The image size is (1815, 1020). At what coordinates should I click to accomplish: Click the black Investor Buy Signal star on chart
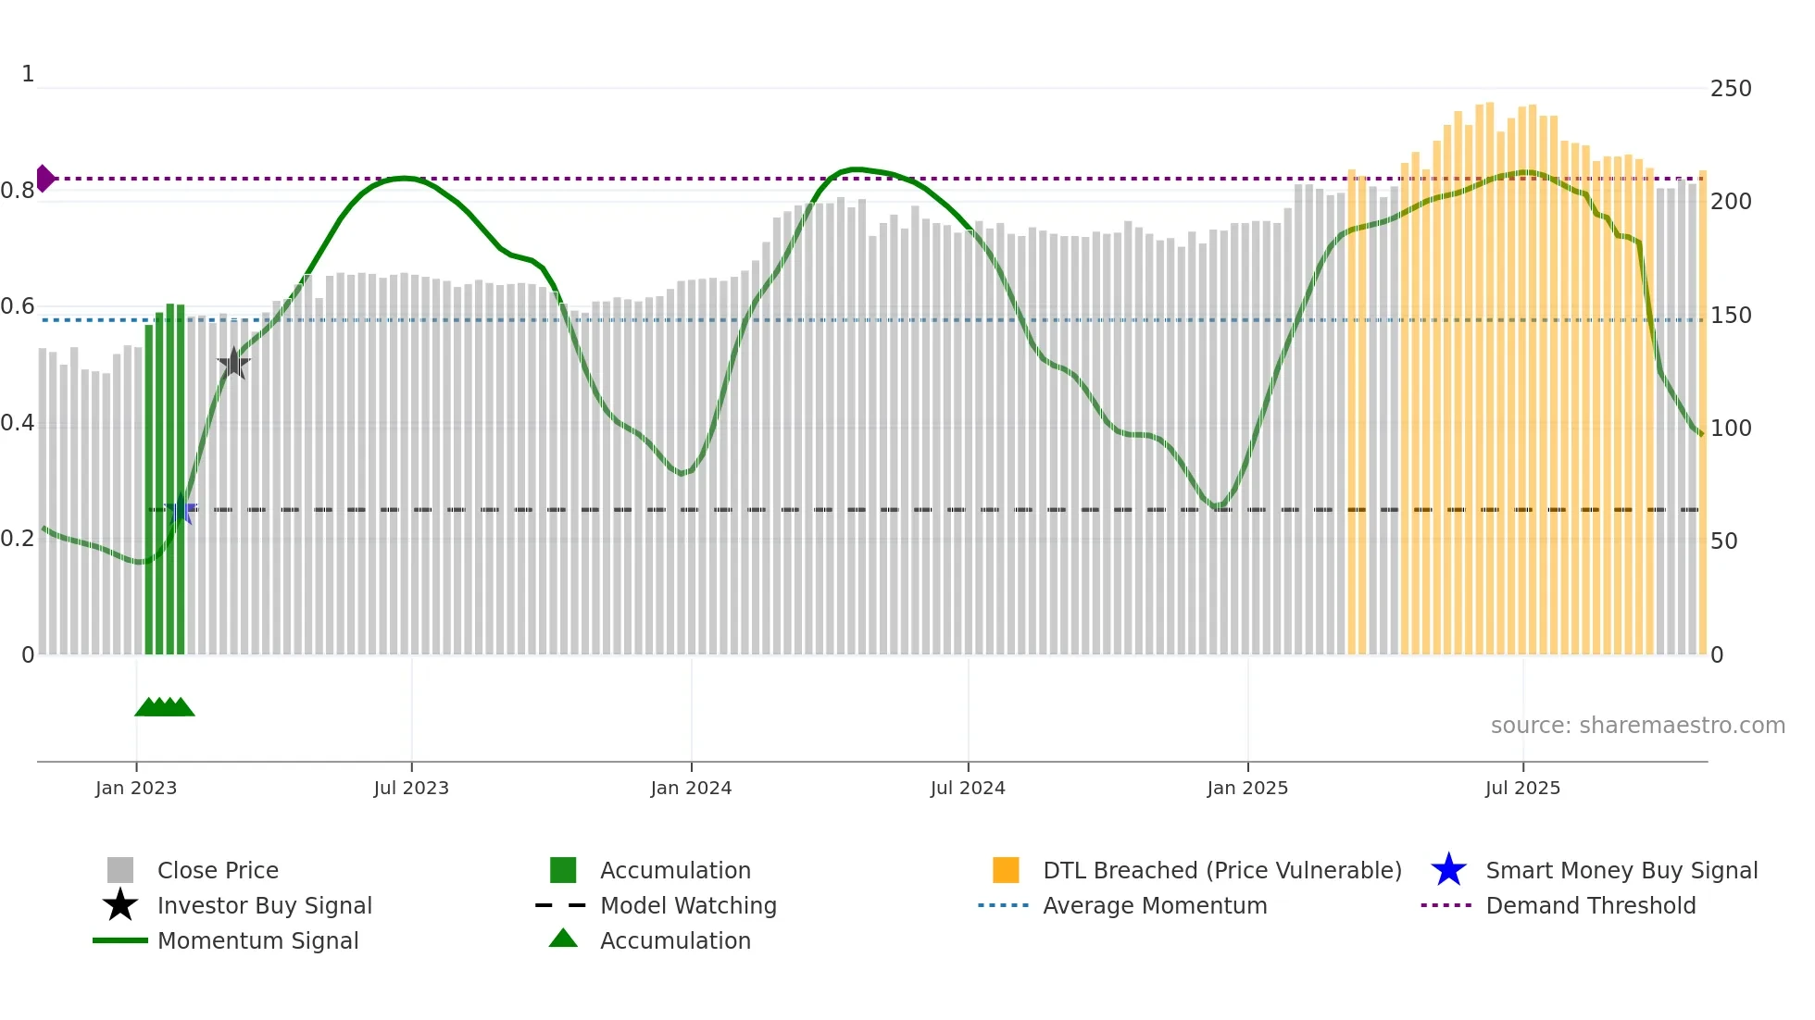pos(233,364)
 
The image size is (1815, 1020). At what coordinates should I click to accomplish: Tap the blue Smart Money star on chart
pos(181,509)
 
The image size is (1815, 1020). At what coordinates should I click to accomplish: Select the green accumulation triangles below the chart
pos(165,707)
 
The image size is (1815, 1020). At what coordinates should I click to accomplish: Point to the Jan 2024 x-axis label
pos(691,788)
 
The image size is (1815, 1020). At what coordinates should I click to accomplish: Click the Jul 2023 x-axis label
pos(411,788)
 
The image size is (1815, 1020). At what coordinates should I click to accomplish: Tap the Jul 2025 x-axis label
pos(1522,788)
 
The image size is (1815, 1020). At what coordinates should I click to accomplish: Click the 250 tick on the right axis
pos(1730,89)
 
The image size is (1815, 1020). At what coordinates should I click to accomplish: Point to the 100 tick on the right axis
pos(1730,429)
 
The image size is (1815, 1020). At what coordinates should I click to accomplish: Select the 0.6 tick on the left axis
pos(18,306)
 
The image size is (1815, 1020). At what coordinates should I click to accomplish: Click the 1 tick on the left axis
pos(28,74)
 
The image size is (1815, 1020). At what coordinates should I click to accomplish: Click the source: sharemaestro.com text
pos(1637,726)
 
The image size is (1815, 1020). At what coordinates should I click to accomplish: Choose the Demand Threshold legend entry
pos(1590,905)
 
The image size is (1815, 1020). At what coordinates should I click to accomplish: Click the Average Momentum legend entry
pos(1154,905)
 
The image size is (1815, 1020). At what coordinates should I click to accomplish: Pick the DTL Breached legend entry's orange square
pos(1006,870)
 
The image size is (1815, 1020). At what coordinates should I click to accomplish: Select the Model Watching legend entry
pos(687,905)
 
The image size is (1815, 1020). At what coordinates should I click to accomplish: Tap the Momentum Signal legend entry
pos(257,940)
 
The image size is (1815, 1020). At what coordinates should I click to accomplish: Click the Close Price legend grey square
pos(120,870)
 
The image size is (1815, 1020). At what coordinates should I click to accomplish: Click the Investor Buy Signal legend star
pos(120,905)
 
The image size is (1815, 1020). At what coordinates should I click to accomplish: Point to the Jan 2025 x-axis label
pos(1246,788)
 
